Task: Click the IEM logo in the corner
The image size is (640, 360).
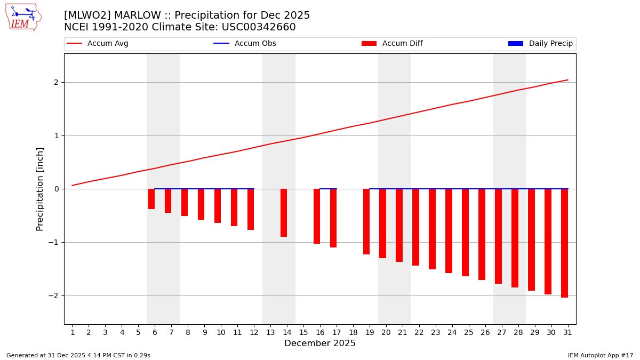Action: point(23,17)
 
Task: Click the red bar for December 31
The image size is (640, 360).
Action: point(564,243)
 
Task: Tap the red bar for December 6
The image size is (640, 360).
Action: point(151,199)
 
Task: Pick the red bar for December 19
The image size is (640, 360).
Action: point(366,221)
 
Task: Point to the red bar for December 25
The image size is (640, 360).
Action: point(465,232)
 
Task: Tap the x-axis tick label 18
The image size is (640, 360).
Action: point(353,333)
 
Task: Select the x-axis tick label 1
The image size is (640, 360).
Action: point(73,333)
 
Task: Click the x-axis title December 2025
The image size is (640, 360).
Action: point(319,343)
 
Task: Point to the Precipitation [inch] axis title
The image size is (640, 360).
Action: point(41,189)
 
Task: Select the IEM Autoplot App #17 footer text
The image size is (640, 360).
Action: point(600,355)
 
